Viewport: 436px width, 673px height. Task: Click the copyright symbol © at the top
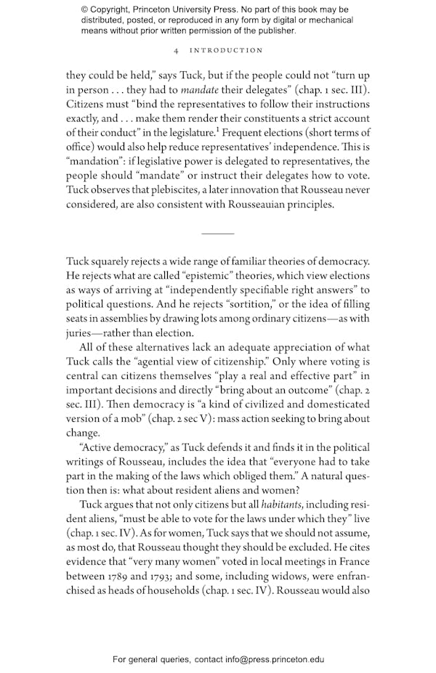(x=85, y=9)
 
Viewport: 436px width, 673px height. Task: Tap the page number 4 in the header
(x=177, y=50)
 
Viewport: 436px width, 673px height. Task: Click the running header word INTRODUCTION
(x=226, y=50)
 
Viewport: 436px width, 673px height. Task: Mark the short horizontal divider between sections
(x=217, y=234)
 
